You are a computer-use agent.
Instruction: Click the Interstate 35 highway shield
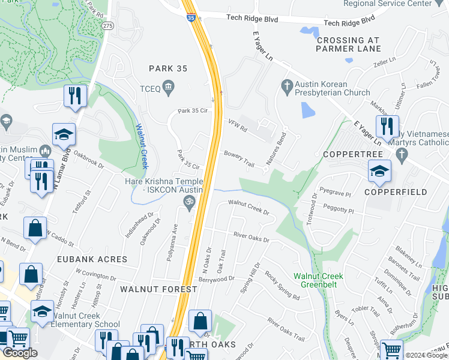[x=191, y=19]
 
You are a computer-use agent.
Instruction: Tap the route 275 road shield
[x=107, y=26]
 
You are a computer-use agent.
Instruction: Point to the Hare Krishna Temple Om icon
[x=188, y=205]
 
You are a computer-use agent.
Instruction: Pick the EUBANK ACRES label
[x=92, y=259]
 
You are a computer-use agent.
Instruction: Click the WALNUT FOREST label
[x=158, y=289]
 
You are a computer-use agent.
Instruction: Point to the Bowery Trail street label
[x=240, y=158]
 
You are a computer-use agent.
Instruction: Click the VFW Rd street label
[x=237, y=124]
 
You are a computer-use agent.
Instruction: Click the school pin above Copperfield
[x=379, y=171]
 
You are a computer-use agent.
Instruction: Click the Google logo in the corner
[x=20, y=353]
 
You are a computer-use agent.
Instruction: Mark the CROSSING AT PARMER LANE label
[x=348, y=44]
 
